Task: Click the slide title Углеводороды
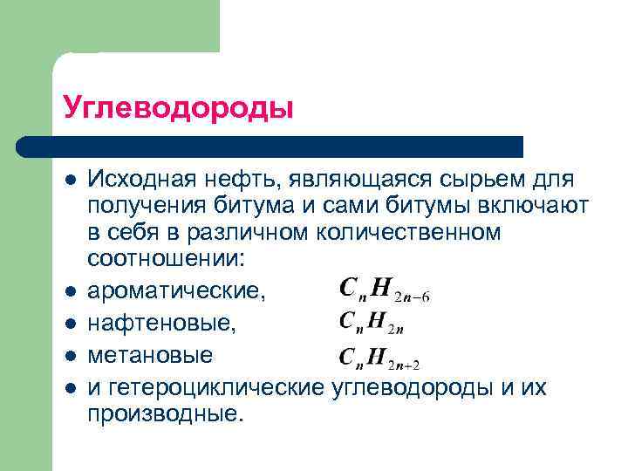[178, 108]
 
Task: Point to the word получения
[145, 206]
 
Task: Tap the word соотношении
[164, 259]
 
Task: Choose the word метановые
[149, 356]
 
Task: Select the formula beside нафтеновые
[371, 324]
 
